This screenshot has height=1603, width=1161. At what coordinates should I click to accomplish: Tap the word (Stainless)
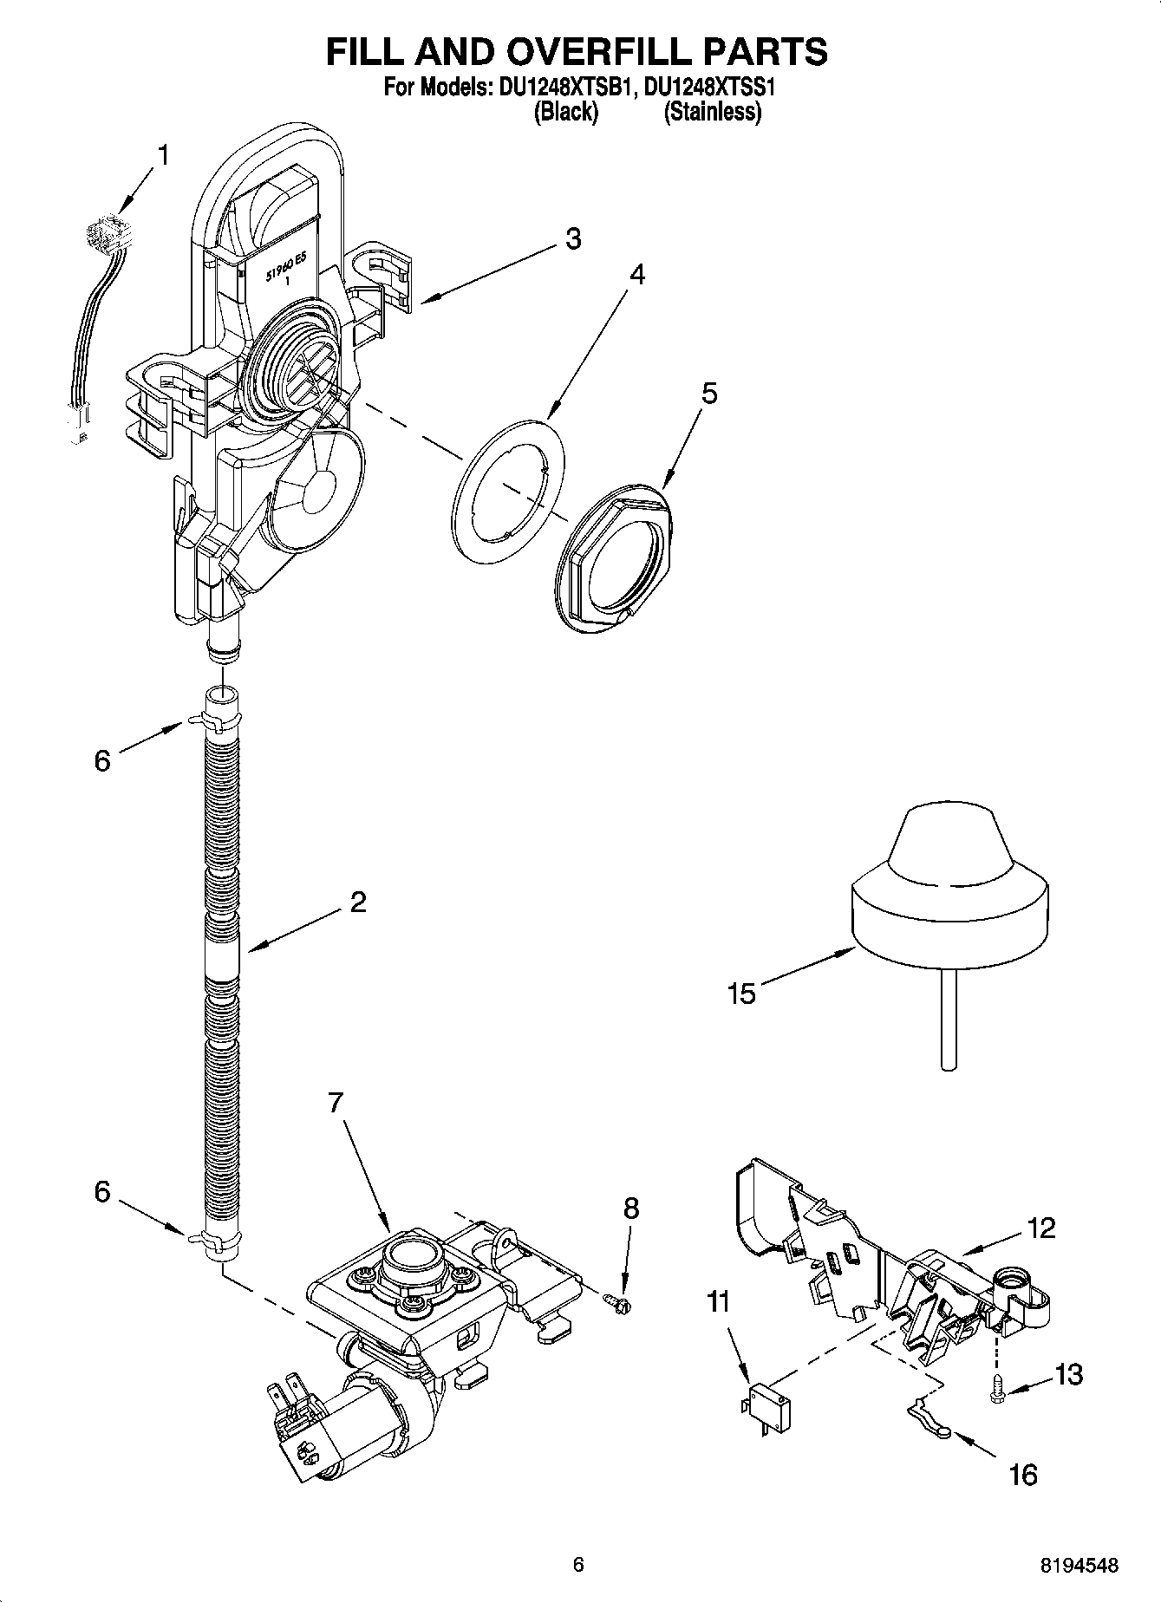(712, 112)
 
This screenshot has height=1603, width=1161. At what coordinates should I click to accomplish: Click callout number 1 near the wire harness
(162, 156)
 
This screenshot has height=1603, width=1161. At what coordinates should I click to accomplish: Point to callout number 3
(573, 238)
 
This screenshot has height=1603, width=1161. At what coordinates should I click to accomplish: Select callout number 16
(1024, 1474)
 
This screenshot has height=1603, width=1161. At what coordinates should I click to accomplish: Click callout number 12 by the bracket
(1041, 1228)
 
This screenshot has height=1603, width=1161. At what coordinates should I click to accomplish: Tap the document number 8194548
(1079, 1565)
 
